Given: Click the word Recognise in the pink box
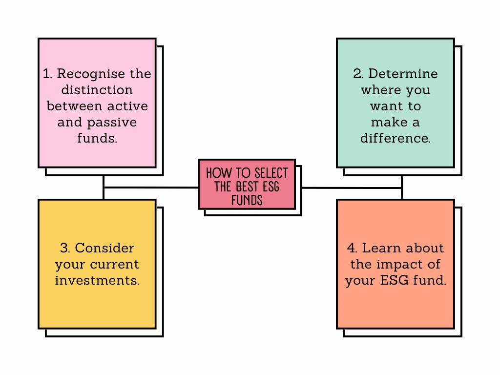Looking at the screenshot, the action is [x=91, y=74].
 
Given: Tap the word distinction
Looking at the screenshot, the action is [x=97, y=90].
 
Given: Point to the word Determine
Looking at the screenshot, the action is [x=403, y=74].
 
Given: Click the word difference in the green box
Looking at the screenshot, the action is [x=396, y=138].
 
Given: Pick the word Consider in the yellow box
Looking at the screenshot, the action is [x=104, y=248].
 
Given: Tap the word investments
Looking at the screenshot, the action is [x=97, y=280].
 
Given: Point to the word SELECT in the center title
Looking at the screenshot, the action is [x=271, y=173].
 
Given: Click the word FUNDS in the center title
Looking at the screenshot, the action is [x=247, y=200].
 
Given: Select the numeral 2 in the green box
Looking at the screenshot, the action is [x=357, y=74].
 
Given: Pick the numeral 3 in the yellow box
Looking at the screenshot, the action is [x=64, y=248].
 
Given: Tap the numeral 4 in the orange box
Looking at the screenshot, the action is [x=352, y=248].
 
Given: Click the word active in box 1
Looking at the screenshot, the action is [x=127, y=106].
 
